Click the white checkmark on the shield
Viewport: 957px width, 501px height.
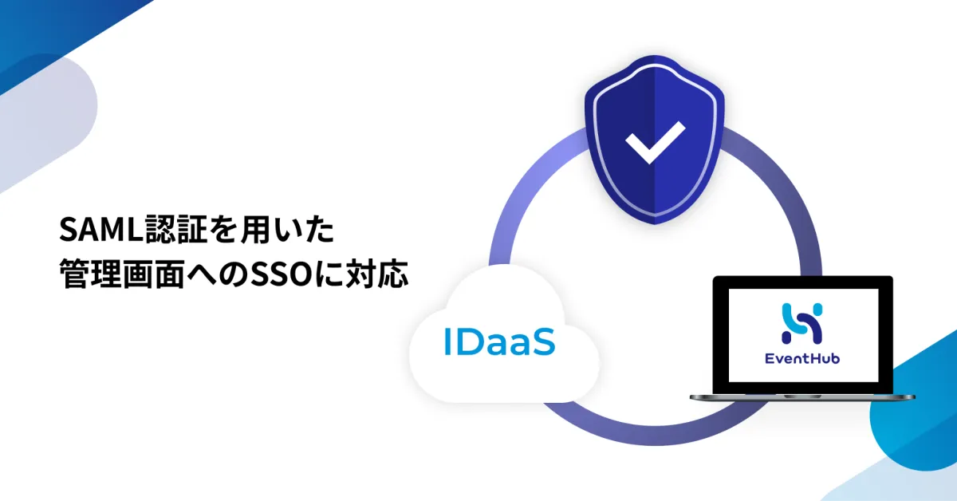(655, 142)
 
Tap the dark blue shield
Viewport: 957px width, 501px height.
(655, 140)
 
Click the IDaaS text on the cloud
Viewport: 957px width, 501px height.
(499, 341)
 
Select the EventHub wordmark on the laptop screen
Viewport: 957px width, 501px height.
(802, 358)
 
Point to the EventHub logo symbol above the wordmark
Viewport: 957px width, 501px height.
(802, 323)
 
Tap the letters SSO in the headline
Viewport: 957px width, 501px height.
(286, 274)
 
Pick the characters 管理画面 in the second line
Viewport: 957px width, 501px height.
(122, 274)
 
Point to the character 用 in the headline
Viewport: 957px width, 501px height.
(256, 230)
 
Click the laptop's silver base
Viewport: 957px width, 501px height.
(802, 397)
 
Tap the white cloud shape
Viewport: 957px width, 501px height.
(503, 334)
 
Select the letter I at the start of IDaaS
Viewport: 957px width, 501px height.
(447, 342)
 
